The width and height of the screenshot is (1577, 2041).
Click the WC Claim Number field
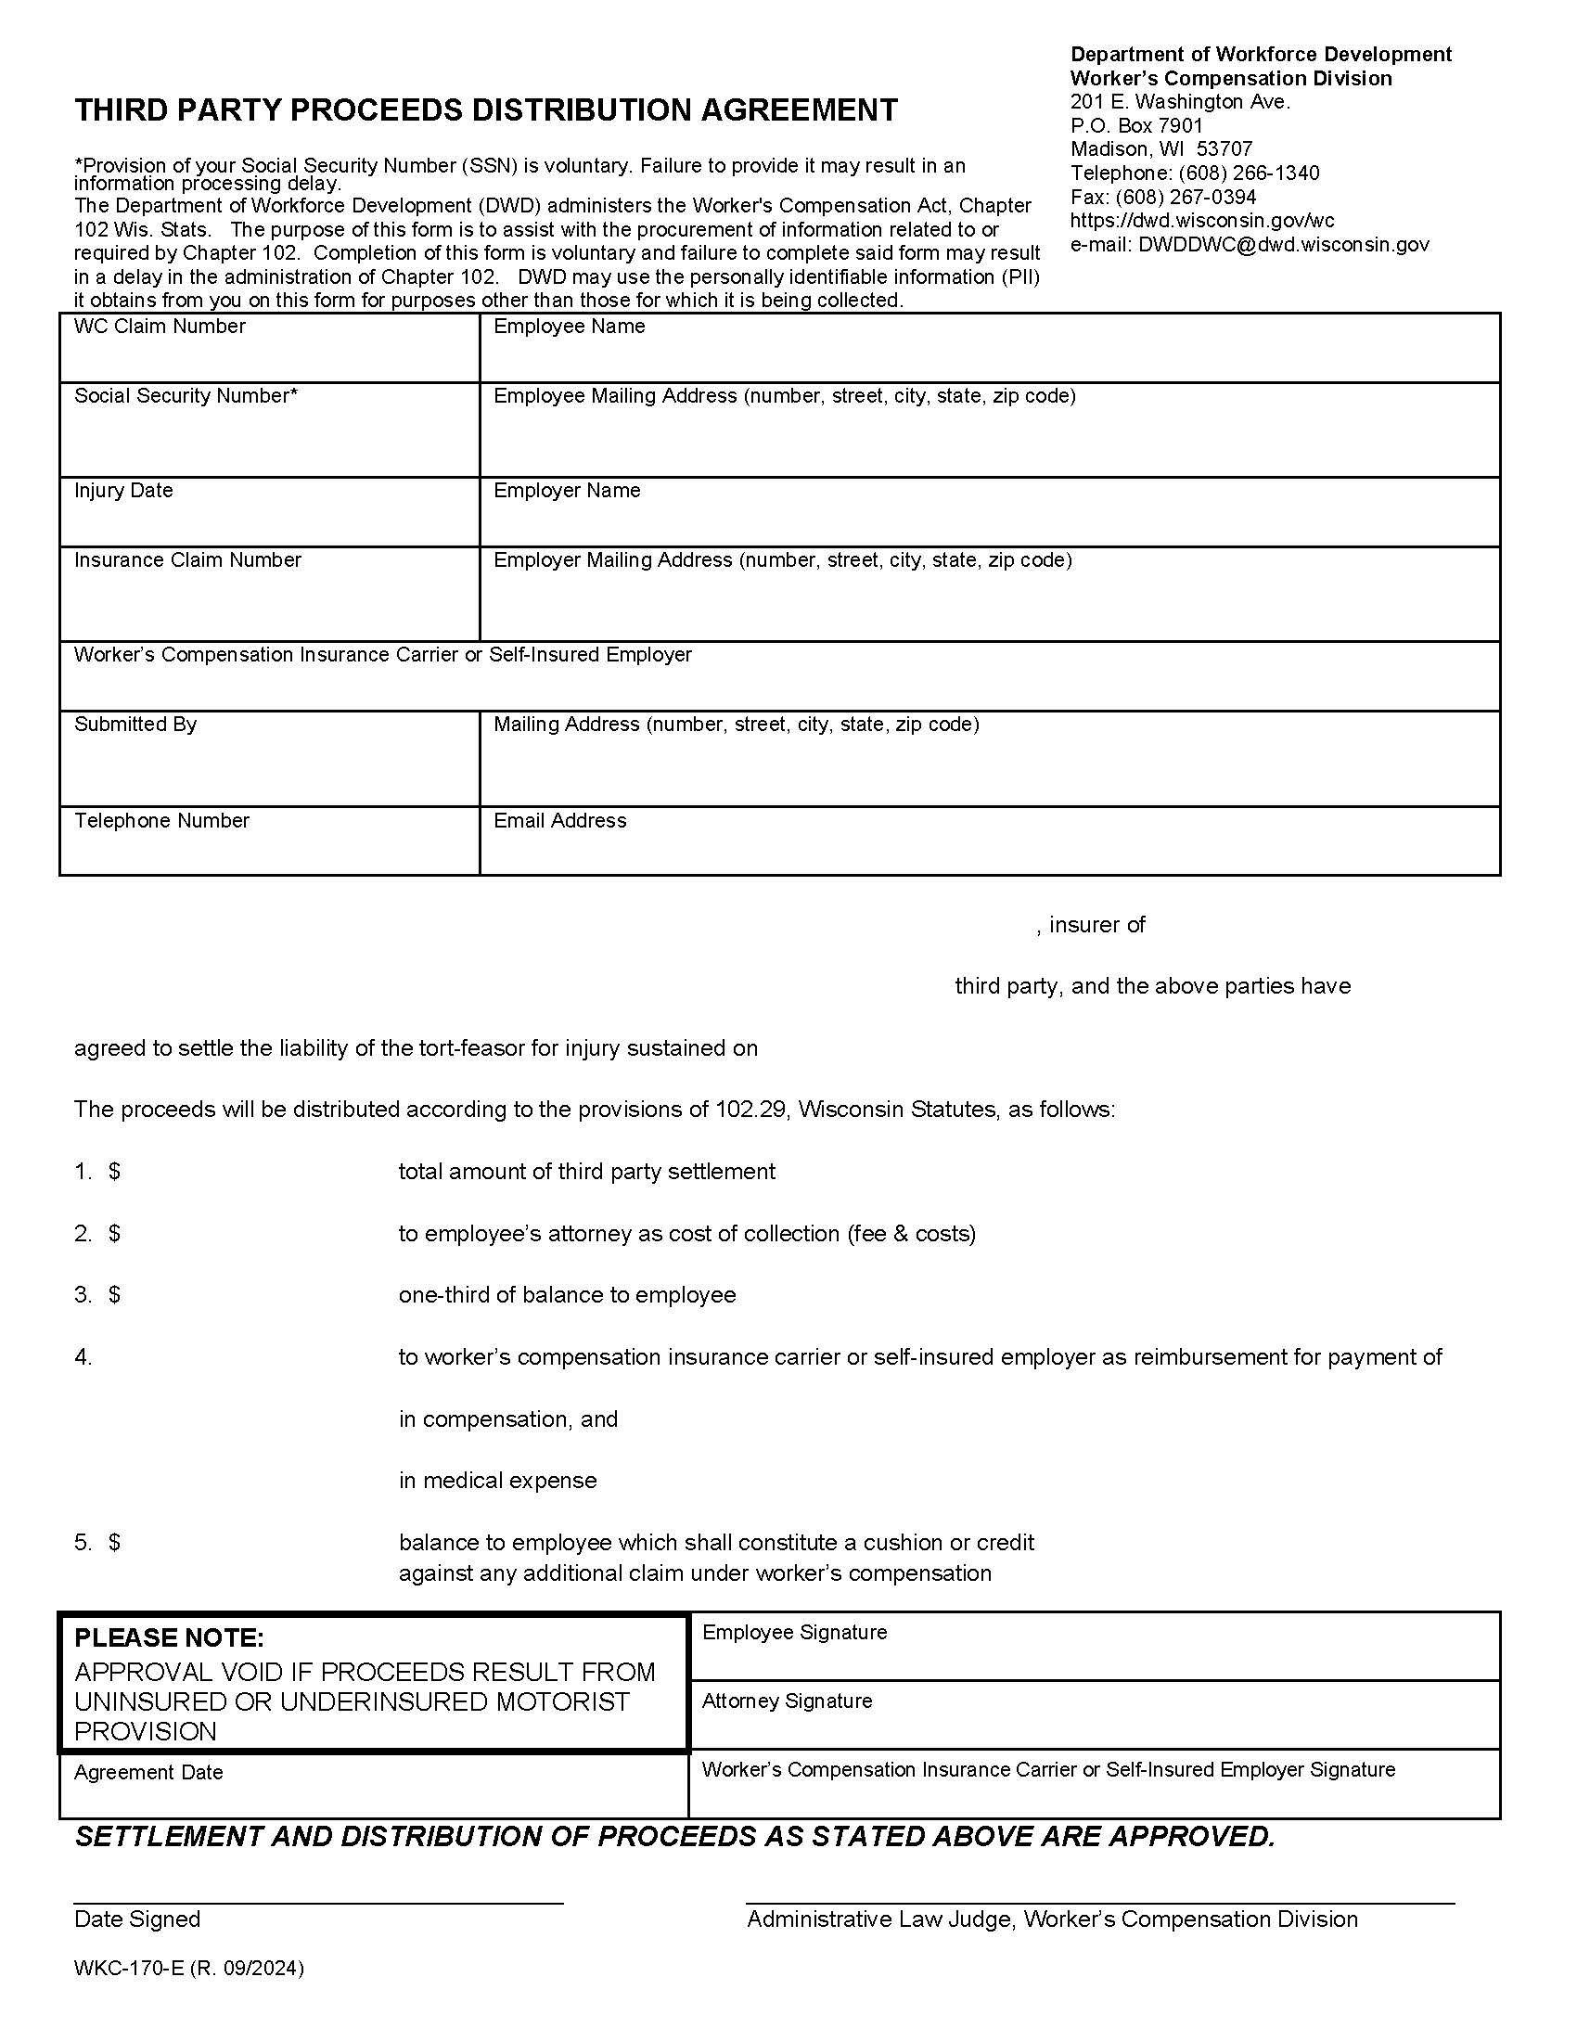click(269, 356)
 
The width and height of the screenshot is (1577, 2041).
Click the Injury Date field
click(269, 520)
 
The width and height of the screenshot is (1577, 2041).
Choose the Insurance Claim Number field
click(269, 603)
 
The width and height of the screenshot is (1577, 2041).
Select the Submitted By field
click(269, 768)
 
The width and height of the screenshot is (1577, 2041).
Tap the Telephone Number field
click(269, 849)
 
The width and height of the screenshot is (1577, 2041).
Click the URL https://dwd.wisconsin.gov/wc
click(1201, 221)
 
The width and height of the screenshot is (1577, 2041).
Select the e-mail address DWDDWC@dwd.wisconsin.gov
click(1283, 245)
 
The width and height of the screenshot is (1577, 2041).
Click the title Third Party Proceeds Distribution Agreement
click(486, 110)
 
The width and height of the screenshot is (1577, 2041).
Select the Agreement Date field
click(374, 1800)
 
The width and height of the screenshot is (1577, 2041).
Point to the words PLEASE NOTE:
click(169, 1637)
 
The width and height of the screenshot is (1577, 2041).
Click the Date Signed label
click(137, 1919)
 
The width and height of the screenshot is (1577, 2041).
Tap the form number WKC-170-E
click(130, 1968)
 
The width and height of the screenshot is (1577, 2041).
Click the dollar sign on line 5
click(114, 1542)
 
